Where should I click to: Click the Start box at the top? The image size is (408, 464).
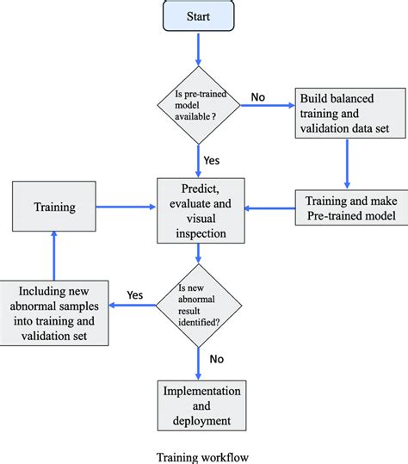click(199, 16)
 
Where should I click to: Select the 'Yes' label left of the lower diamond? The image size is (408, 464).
click(135, 294)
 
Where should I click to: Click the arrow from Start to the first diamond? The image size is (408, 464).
click(199, 51)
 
